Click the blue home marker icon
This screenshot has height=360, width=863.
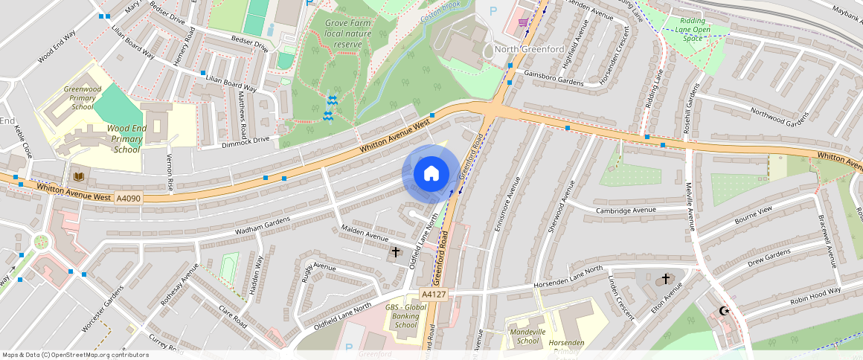(x=431, y=174)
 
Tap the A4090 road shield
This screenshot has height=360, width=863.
(x=127, y=198)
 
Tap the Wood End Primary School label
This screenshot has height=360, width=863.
(x=126, y=138)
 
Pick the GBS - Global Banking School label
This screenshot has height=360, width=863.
(x=406, y=316)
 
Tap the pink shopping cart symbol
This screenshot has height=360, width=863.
(x=523, y=22)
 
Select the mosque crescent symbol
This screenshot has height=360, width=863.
(x=722, y=311)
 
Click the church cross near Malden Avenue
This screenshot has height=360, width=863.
(x=395, y=252)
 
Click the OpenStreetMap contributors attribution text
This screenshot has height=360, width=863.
(x=75, y=355)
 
